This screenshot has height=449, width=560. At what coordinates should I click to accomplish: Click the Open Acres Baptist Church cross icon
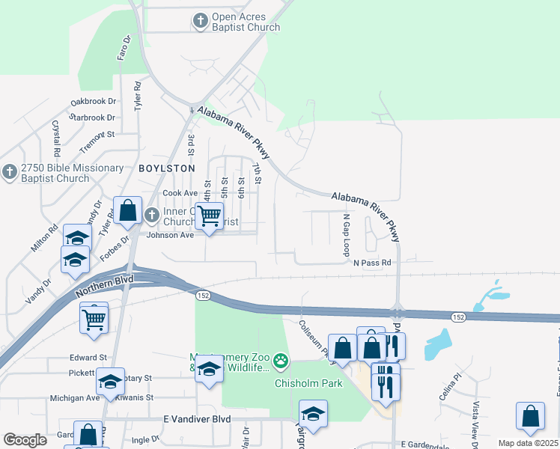200,20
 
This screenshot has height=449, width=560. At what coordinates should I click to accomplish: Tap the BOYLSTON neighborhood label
166,168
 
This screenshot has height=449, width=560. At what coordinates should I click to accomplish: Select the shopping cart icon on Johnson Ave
210,216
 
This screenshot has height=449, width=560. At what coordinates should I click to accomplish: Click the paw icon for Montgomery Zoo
281,362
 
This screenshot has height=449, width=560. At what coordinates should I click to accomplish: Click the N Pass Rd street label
372,263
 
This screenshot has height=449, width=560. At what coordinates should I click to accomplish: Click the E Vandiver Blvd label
197,420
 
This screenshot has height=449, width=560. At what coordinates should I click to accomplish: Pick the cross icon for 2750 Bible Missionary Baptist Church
9,172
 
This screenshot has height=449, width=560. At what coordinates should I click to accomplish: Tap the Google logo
25,440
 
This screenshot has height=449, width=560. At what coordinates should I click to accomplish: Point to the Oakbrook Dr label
93,101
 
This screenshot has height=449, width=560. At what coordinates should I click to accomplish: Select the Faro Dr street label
123,47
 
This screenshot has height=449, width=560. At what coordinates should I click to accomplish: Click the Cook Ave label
180,193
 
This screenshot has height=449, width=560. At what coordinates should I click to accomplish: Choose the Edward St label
88,358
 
